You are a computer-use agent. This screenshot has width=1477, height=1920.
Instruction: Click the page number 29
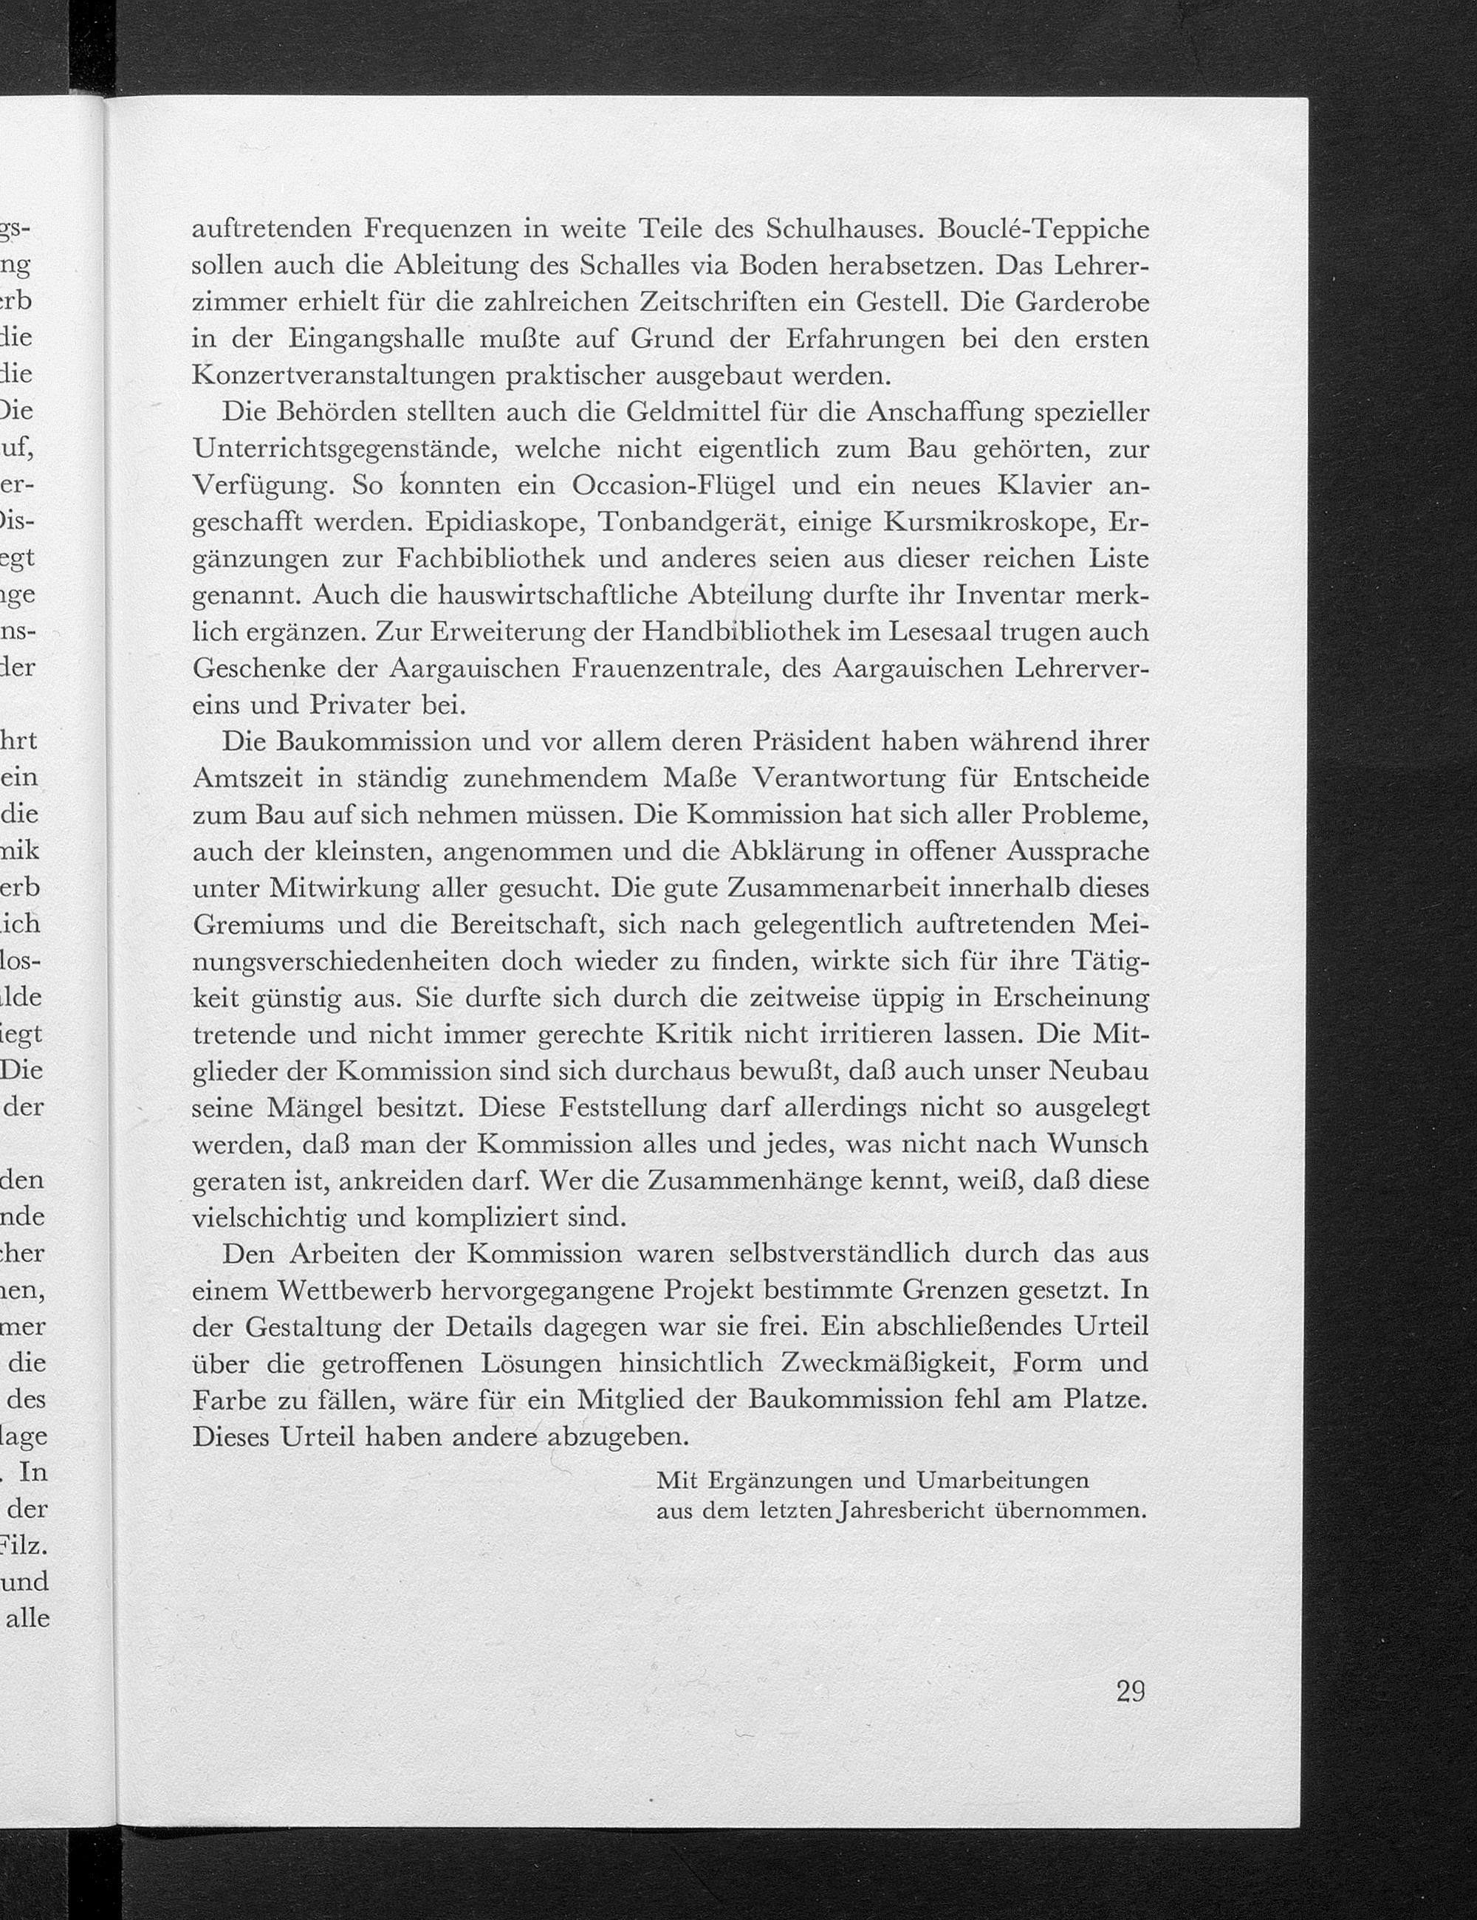[1130, 1690]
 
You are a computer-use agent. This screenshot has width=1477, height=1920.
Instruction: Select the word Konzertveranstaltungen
[346, 377]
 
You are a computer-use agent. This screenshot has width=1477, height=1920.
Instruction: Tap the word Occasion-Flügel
[683, 485]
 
